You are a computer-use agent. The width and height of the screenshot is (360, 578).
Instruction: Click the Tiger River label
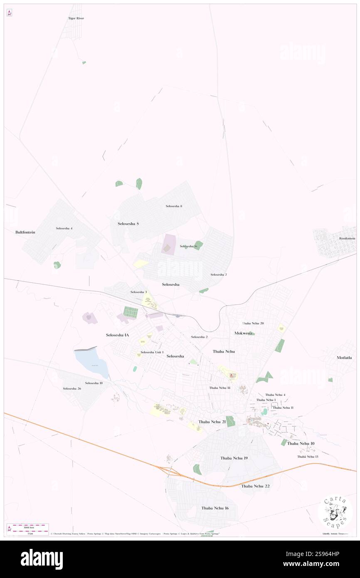(x=76, y=19)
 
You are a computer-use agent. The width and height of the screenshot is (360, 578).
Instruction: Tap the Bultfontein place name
(x=25, y=232)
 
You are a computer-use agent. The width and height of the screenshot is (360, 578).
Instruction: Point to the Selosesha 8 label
(x=174, y=206)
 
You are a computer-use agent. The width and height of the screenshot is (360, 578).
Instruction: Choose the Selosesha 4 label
(x=64, y=228)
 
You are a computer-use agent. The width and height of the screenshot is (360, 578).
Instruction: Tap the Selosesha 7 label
(x=219, y=274)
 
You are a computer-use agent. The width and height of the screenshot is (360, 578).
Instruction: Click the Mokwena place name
(x=243, y=333)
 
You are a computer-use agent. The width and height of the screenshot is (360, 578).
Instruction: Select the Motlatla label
(x=345, y=358)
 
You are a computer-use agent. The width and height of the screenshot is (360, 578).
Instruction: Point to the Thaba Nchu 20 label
(x=253, y=323)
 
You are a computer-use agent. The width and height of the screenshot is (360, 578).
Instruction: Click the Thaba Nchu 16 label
(x=215, y=508)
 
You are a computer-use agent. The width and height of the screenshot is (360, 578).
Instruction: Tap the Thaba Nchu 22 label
(x=256, y=486)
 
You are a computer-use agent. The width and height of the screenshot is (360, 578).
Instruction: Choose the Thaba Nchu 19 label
(x=234, y=458)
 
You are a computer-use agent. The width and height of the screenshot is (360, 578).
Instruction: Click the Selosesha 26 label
(x=72, y=388)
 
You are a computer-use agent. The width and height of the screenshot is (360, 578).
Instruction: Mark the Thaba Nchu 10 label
(x=301, y=443)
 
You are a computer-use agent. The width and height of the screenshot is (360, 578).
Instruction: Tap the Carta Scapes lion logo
(x=335, y=512)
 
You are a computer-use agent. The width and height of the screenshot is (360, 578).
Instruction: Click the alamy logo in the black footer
(x=42, y=559)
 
